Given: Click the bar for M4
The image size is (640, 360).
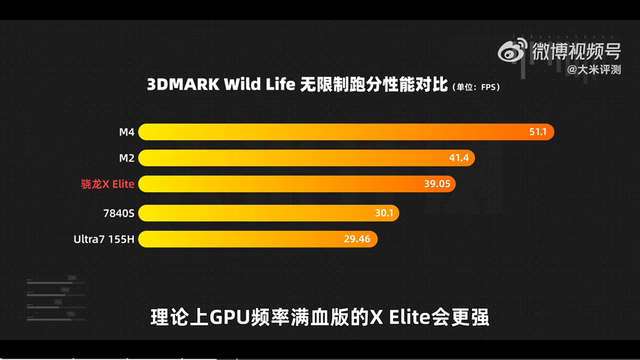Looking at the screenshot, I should [x=345, y=132].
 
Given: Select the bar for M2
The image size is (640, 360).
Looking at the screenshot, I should [x=306, y=158].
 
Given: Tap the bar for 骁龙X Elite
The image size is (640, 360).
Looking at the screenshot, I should [x=297, y=184].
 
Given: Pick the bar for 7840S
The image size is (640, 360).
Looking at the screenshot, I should [x=268, y=212].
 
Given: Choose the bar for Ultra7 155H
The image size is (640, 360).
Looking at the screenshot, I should [x=257, y=239].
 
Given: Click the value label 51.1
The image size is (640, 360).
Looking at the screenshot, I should [x=538, y=132].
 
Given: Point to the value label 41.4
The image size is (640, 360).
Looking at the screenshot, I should [x=459, y=158].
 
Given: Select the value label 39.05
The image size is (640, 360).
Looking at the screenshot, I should [x=437, y=184].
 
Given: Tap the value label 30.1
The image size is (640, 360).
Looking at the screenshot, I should [x=385, y=212].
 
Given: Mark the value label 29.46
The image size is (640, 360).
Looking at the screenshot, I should [x=357, y=239].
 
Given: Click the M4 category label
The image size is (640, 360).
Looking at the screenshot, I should [x=127, y=132].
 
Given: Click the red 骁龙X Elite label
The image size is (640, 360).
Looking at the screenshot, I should [x=107, y=184].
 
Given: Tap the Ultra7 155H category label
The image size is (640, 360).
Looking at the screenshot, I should [x=104, y=239].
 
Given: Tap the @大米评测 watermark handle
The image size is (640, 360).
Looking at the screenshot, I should [x=594, y=70].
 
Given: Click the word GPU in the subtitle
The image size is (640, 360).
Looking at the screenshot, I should [x=228, y=317].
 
